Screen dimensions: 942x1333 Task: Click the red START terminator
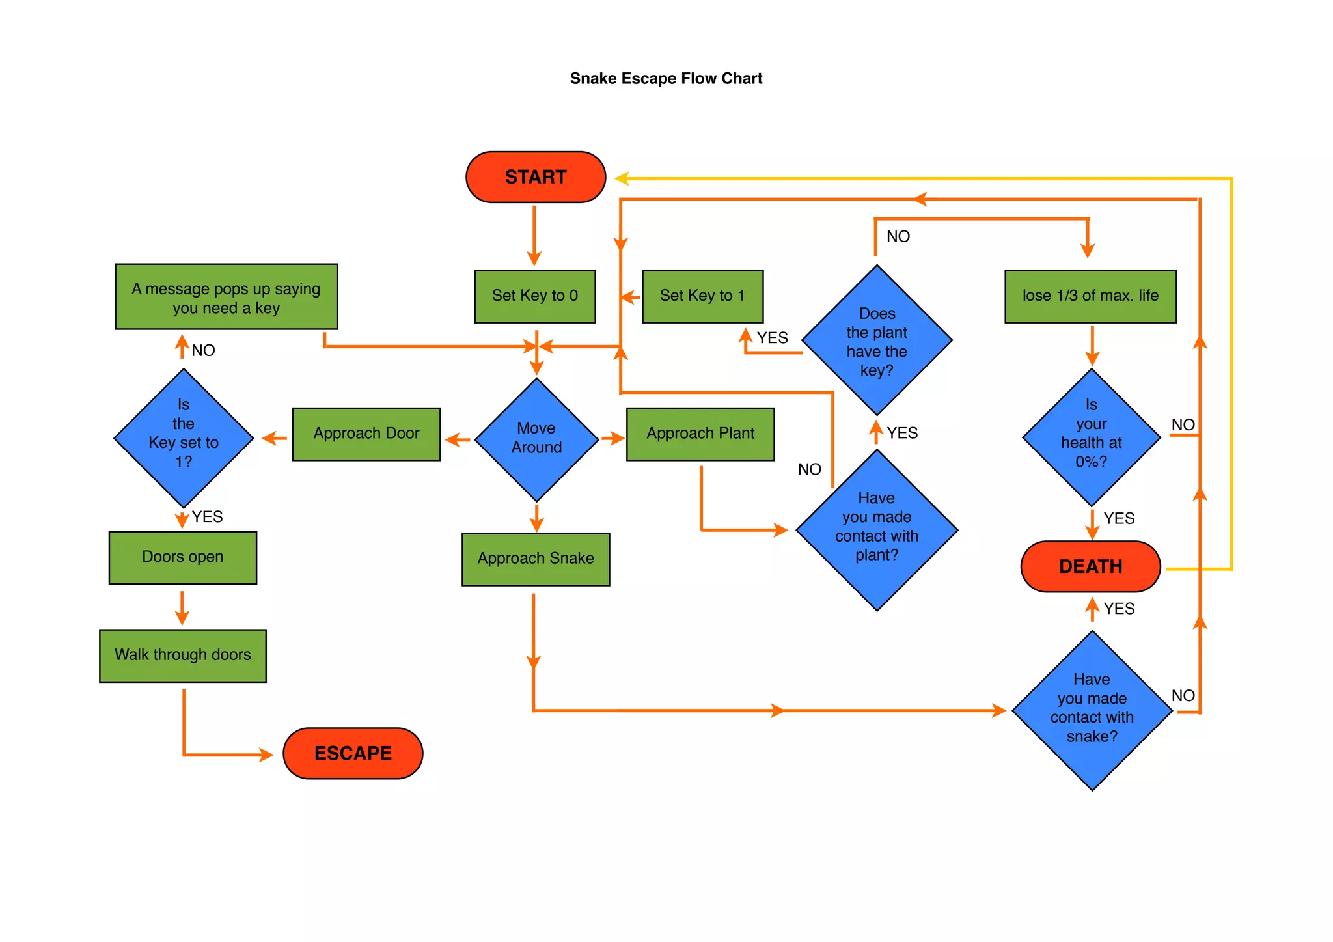(535, 177)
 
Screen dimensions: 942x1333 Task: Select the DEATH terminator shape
(1090, 566)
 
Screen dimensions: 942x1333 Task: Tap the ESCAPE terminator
(353, 753)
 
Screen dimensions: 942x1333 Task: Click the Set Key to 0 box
(535, 296)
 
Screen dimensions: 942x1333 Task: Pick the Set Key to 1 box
(702, 296)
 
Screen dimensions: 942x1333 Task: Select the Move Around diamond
(536, 438)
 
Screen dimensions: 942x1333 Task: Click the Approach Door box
(366, 434)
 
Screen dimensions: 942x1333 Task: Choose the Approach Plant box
(700, 434)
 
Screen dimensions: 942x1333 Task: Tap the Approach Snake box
(536, 559)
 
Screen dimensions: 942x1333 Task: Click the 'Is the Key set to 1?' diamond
(184, 437)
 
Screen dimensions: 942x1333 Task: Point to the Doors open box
(183, 557)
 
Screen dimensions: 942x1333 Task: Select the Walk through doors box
(183, 655)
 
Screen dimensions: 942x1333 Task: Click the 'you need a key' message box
(226, 297)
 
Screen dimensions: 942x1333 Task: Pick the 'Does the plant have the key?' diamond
(877, 340)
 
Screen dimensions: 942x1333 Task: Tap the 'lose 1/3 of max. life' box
(1090, 296)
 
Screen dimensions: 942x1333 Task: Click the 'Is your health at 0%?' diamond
(1092, 436)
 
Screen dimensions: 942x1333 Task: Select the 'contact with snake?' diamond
(1092, 710)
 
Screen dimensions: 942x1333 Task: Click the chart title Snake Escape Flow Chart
(666, 79)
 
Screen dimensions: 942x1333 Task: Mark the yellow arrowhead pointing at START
(622, 178)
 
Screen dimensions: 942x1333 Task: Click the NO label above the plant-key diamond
(898, 236)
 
